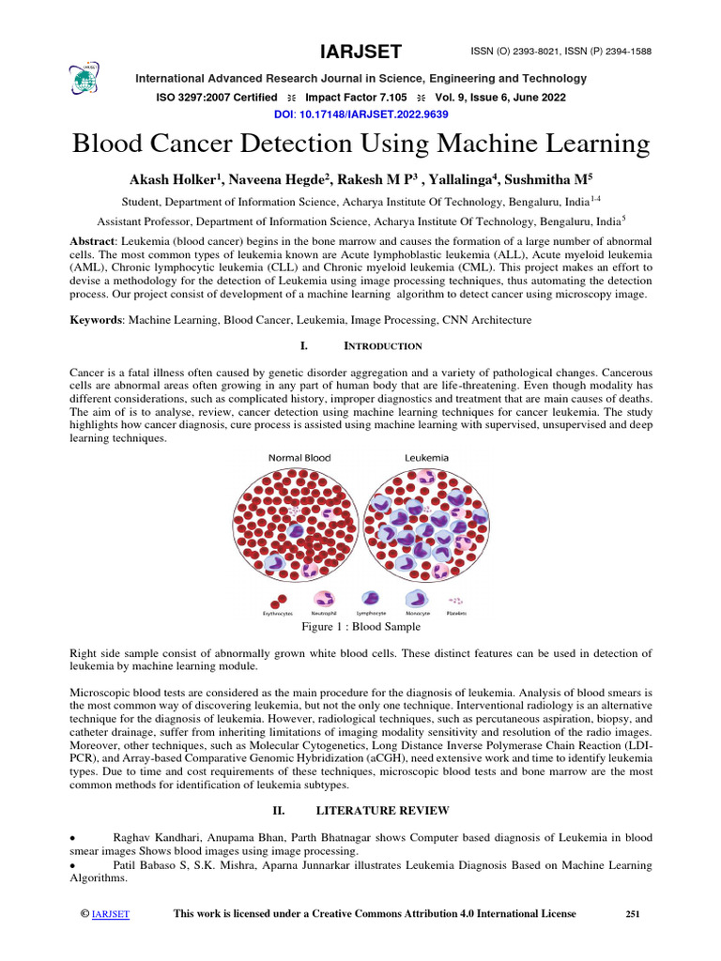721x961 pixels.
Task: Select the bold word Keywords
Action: coord(98,320)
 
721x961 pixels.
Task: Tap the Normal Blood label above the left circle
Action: coord(299,458)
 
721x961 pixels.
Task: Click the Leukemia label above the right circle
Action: coord(426,458)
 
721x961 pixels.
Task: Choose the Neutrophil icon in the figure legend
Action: coord(324,598)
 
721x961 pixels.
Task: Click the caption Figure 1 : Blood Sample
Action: coord(360,626)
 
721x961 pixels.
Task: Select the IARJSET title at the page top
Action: coord(360,53)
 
